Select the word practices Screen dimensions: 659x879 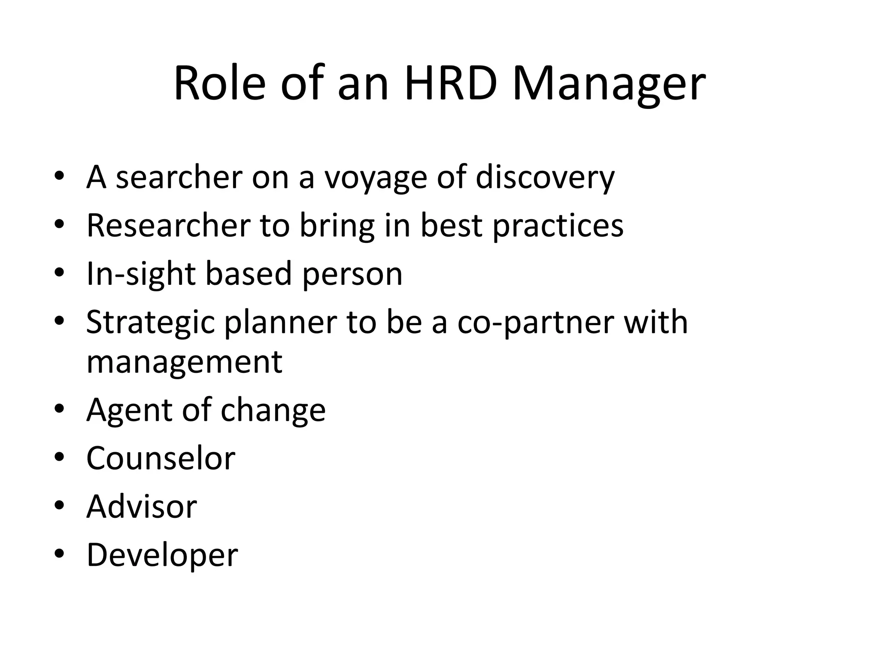[558, 226]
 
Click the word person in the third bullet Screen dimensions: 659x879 [352, 275]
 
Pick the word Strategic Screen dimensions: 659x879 [150, 323]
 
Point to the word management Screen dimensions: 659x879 [184, 363]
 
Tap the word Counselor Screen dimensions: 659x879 [161, 458]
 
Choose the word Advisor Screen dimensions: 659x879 [142, 507]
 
